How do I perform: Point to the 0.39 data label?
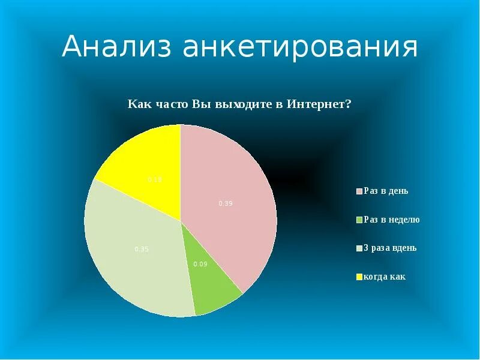coord(226,203)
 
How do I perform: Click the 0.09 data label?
coord(200,264)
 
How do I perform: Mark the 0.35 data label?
coord(141,249)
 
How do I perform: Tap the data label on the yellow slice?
coord(155,179)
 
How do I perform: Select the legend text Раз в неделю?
coord(391,220)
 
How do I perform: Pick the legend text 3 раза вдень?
coord(390,248)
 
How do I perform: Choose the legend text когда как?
coord(385,277)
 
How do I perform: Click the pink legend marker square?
coord(359,192)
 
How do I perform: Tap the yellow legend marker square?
coord(359,277)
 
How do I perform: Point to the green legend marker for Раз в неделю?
coord(359,220)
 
